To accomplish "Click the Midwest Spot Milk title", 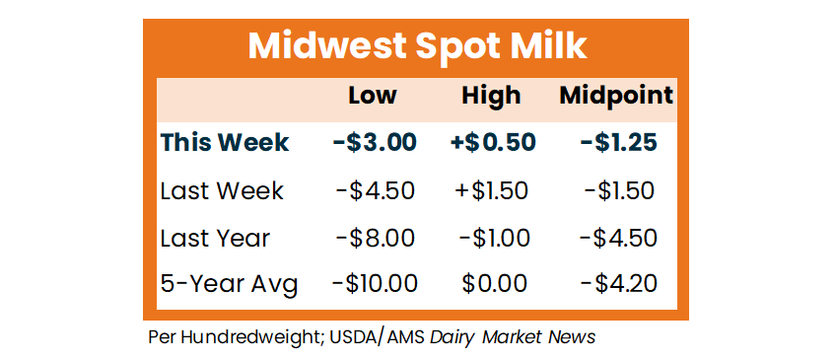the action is [417, 47].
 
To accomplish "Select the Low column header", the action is [373, 96].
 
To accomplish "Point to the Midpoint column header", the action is [616, 97].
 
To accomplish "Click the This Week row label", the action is [224, 143].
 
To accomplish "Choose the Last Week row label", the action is [222, 191].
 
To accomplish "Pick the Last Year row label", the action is [215, 238].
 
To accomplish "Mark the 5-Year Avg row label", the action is [229, 284].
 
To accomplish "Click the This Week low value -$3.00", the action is [375, 143].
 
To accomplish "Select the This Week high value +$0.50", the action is [491, 143].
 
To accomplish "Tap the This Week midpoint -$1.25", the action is [618, 143].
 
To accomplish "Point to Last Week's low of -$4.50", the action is [375, 191].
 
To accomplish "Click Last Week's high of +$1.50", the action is [491, 191].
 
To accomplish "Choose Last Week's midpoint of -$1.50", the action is [619, 191].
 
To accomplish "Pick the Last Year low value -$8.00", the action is [375, 238].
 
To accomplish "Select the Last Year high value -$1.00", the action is [494, 238].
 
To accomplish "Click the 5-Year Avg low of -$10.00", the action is [375, 284].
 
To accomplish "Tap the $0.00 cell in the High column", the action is [494, 284].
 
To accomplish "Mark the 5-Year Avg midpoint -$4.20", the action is [618, 284].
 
